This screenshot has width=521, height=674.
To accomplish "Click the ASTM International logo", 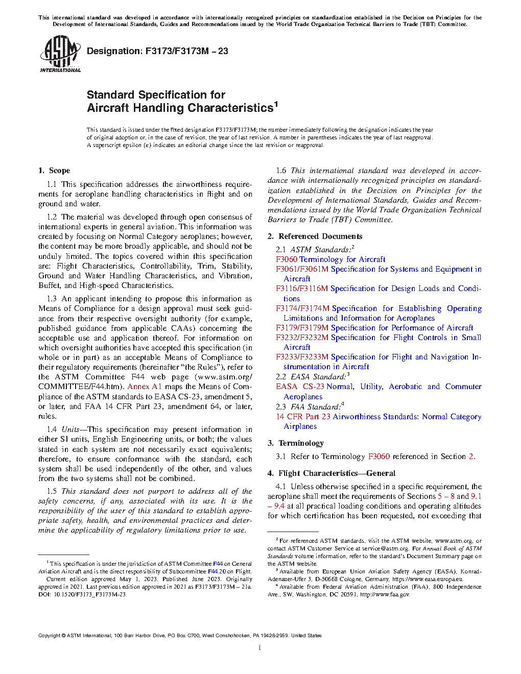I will [60, 54].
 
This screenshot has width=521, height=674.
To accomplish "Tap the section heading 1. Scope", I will [54, 171].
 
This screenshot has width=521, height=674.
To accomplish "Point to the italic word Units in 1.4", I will [70, 429].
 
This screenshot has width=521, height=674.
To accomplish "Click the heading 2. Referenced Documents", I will [315, 236].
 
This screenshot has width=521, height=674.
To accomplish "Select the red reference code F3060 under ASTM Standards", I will [287, 259].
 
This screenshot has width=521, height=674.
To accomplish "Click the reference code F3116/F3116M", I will [302, 288].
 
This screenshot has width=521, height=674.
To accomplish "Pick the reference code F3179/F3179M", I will [302, 328].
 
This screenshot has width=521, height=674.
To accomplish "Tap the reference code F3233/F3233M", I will [302, 357].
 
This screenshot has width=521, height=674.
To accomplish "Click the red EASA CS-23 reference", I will [300, 387].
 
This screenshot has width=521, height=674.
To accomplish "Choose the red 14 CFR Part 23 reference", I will [303, 417].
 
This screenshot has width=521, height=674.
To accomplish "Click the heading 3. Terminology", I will [296, 443].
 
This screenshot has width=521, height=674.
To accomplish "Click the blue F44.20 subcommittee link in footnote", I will [217, 571].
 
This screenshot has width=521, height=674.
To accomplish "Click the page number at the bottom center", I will [260, 648].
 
